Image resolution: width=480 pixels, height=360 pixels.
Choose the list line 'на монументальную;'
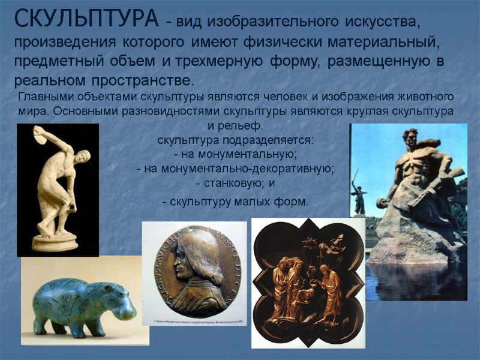point(235,155)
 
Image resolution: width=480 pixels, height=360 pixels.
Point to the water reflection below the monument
point(414,282)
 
